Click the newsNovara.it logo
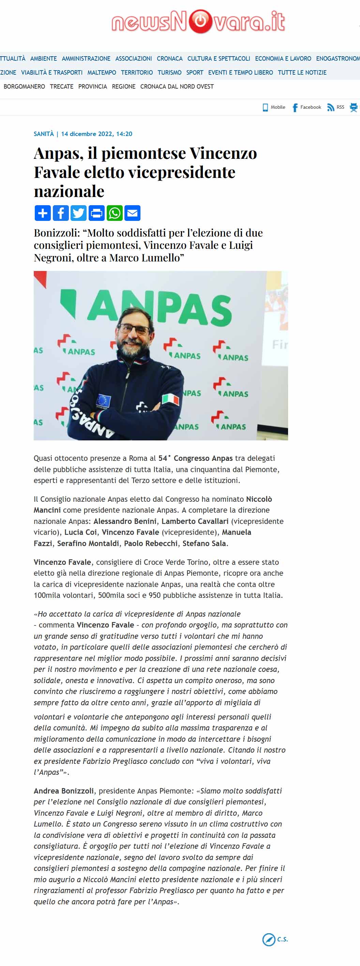point(198,21)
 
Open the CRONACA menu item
point(169,59)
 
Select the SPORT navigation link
point(195,72)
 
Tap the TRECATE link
point(61,87)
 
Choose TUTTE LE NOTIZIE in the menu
point(302,72)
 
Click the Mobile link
point(274,107)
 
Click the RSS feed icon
point(330,107)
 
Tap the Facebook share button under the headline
point(61,213)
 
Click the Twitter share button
point(79,213)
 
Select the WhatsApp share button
point(115,213)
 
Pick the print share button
point(97,213)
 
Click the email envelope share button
point(133,213)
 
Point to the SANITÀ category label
point(44,134)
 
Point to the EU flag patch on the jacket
point(104,401)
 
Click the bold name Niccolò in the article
point(259,499)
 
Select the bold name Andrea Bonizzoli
point(64,791)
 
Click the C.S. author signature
point(282,939)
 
